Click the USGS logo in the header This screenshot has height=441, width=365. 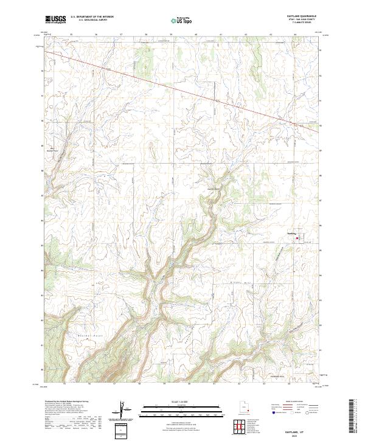pos(55,19)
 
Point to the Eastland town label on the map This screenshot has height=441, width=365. pos(292,232)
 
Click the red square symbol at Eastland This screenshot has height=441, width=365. pos(297,238)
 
